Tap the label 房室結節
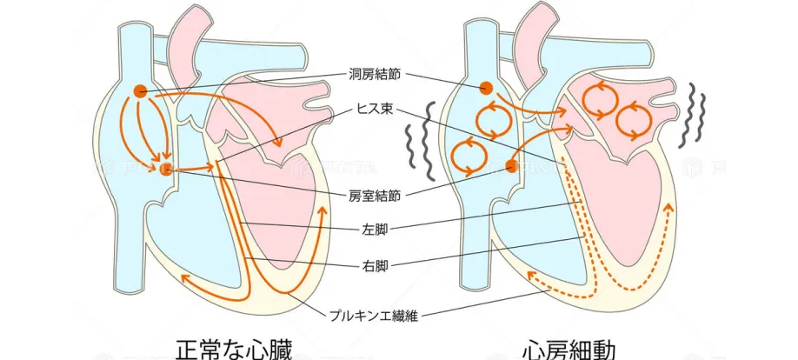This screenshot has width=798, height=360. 375,196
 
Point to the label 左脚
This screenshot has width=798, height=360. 376,230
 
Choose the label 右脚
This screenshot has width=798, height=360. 376,264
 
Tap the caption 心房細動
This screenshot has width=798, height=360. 570,349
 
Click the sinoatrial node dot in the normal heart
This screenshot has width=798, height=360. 139,90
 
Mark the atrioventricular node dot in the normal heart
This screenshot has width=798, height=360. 167,168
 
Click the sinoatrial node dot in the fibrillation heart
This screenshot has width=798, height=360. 486,88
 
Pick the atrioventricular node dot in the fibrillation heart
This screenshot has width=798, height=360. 512,165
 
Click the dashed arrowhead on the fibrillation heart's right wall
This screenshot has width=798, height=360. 668,208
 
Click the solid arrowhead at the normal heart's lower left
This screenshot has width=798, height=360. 184,277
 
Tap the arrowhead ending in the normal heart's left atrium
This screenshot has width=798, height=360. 277,142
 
